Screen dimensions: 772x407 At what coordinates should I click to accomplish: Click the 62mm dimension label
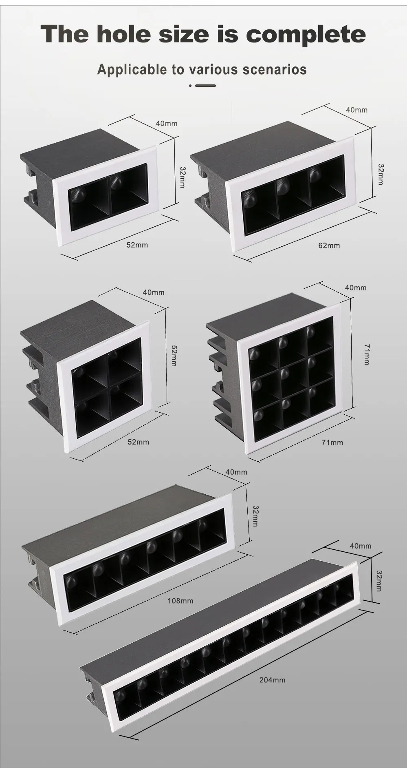pos(329,246)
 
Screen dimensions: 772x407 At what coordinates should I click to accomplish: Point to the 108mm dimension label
pos(180,601)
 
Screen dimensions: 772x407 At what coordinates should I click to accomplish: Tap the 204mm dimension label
pos(273,680)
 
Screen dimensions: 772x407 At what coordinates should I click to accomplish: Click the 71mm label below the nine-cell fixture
pos(332,442)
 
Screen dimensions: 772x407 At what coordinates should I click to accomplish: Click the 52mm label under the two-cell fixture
pos(137,245)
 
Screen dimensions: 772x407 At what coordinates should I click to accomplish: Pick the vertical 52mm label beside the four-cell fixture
pos(174,356)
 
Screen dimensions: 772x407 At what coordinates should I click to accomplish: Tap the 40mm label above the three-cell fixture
pos(356,110)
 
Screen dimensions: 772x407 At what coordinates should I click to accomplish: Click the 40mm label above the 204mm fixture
pos(361,546)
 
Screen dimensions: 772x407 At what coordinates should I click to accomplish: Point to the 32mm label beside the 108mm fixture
pos(255,516)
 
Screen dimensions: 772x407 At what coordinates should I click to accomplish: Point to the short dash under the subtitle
pos(206,86)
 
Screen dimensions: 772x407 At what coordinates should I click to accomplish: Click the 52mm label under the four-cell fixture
pos(138,442)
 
